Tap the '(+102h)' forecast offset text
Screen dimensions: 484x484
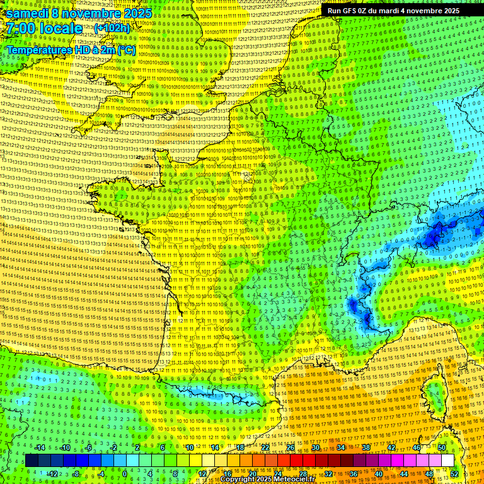coord(112,28)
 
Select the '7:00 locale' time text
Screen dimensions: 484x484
coord(44,28)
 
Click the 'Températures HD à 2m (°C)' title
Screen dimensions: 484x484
coord(71,49)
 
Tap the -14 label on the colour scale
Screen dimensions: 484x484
coord(39,447)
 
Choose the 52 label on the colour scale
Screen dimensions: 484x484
coord(454,473)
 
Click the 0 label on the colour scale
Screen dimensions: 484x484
coord(125,473)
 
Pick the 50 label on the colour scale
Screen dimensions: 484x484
coord(442,447)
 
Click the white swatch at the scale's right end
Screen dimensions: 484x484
coord(447,461)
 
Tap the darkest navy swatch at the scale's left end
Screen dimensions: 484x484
coord(32,461)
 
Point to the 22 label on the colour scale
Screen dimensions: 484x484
coord(265,447)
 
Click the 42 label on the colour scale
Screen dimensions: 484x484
coord(391,447)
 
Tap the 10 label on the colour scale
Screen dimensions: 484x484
coord(189,447)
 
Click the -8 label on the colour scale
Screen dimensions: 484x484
coord(76,473)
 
